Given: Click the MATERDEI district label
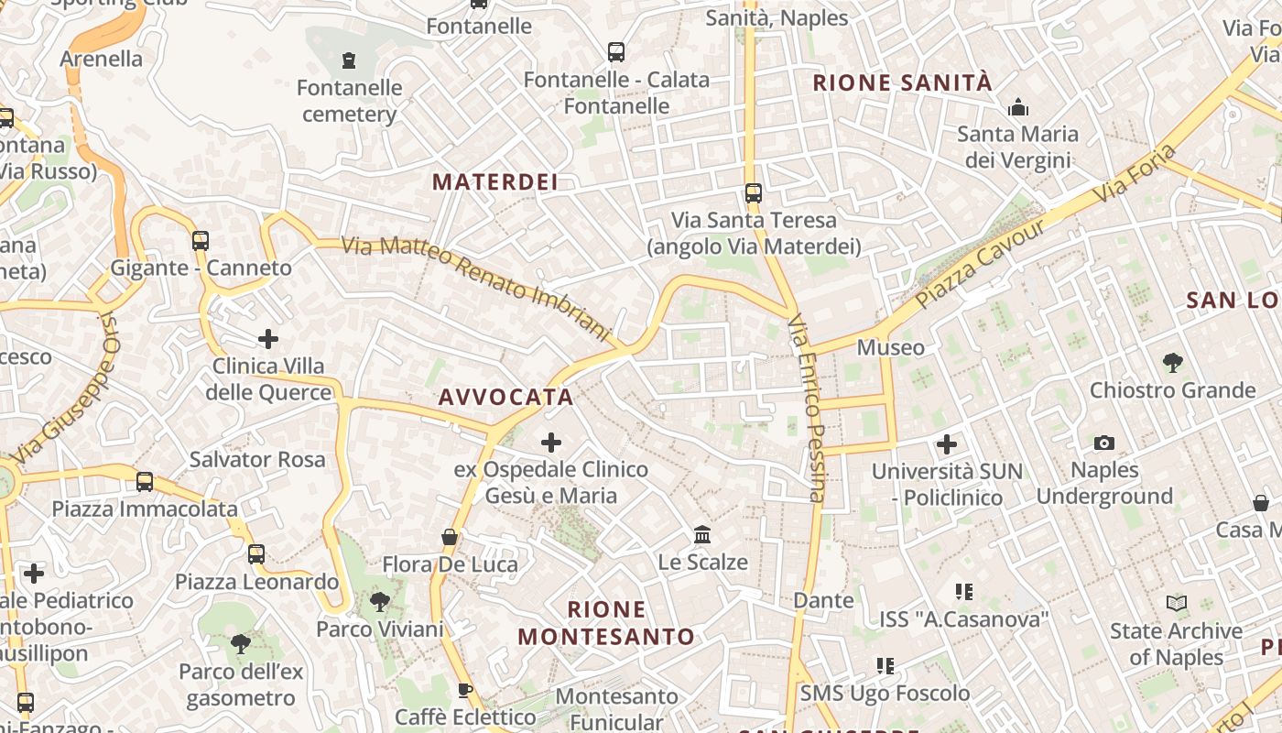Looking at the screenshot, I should (494, 181).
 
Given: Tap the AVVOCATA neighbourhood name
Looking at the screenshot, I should (505, 397).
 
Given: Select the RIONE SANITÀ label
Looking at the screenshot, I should (902, 82).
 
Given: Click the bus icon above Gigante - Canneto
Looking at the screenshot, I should (200, 241).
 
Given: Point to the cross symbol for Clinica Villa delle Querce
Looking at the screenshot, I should (267, 339).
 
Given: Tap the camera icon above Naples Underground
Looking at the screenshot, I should (1104, 443).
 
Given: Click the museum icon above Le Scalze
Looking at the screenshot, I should (702, 534).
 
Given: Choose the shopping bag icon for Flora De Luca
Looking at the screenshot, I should (450, 537).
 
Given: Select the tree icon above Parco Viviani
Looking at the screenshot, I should (379, 602).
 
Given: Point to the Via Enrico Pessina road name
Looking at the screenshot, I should (807, 408).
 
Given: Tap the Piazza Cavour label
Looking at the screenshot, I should (980, 263).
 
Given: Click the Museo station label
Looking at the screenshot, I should (890, 347).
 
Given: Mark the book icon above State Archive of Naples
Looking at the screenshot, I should (1176, 603).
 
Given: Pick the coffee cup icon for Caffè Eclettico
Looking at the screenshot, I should (465, 690).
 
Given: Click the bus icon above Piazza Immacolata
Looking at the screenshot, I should (144, 481).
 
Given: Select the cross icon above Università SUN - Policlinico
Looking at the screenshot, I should (946, 445).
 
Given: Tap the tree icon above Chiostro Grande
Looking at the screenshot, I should (1172, 363).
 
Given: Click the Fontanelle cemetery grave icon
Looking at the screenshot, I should (348, 60).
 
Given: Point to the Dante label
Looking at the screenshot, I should (823, 600).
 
